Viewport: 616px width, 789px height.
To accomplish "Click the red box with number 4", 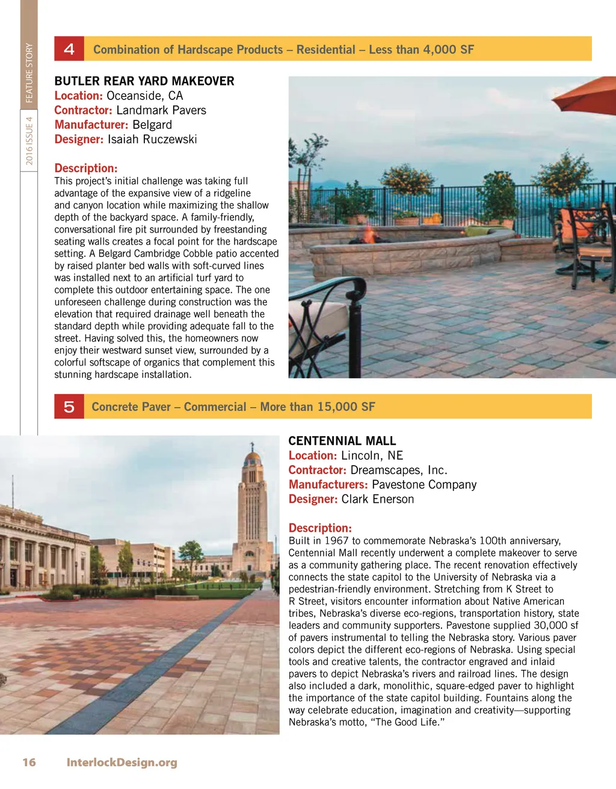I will click(x=69, y=49).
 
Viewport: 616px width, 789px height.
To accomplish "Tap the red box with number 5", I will click(x=69, y=407).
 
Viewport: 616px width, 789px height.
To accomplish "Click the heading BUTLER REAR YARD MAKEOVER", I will click(x=144, y=81).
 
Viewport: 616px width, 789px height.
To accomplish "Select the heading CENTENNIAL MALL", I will click(x=342, y=441).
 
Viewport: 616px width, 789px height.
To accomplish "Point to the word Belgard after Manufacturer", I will click(x=152, y=125).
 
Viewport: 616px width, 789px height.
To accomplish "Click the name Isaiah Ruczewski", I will click(x=152, y=139).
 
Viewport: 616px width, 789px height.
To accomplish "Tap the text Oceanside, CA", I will click(x=144, y=96).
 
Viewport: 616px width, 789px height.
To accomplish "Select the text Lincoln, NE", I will click(x=372, y=455).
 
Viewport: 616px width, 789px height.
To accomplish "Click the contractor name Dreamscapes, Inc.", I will click(x=399, y=470).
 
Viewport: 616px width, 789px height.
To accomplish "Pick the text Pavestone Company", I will click(x=424, y=484).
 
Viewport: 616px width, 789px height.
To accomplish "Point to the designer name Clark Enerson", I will click(x=378, y=499).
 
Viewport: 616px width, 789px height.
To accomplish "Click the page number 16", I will click(x=29, y=762).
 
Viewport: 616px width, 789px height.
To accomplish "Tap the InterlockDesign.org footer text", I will click(x=122, y=762).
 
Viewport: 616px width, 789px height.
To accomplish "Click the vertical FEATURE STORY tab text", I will click(x=29, y=73).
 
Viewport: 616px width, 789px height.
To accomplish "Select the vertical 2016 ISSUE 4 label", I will click(x=29, y=141).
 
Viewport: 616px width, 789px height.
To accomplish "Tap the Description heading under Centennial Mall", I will click(x=320, y=528).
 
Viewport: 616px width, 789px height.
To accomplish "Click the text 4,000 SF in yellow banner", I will click(x=448, y=49).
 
